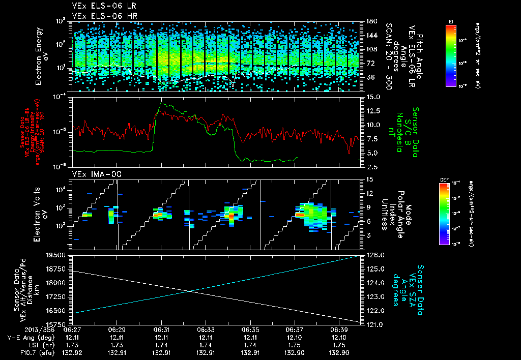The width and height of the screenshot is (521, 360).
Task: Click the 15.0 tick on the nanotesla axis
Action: pos(370,97)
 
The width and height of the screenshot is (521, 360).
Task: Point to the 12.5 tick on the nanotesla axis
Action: pos(370,111)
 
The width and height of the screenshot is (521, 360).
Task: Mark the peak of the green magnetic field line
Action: pos(162,103)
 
